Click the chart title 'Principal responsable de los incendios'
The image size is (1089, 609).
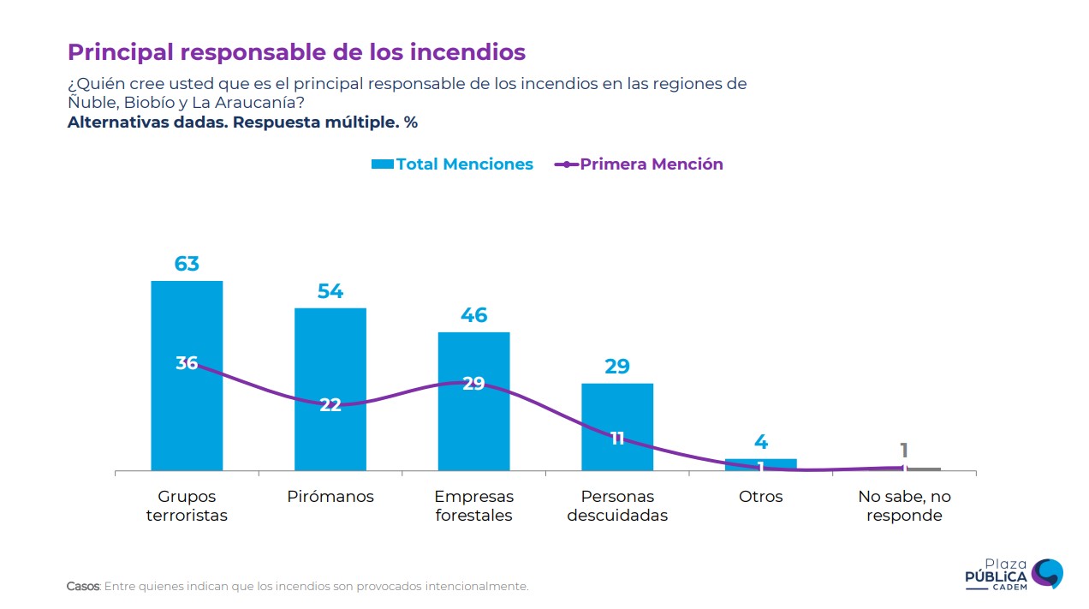click(x=296, y=52)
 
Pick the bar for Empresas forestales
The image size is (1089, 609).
click(x=473, y=428)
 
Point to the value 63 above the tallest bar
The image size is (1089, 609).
click(x=187, y=264)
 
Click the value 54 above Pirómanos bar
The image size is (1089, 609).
click(x=330, y=291)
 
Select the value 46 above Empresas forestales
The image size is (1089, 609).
click(x=473, y=315)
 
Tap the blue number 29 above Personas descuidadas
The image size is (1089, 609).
click(x=617, y=367)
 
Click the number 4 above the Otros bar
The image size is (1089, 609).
click(x=761, y=442)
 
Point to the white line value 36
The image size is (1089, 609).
click(x=187, y=363)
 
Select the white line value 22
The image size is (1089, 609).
click(x=330, y=405)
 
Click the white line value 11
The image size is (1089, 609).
click(x=617, y=439)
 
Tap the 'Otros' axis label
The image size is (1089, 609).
click(x=761, y=497)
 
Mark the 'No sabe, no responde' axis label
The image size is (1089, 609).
click(x=904, y=506)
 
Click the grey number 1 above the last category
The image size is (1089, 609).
click(x=904, y=451)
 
